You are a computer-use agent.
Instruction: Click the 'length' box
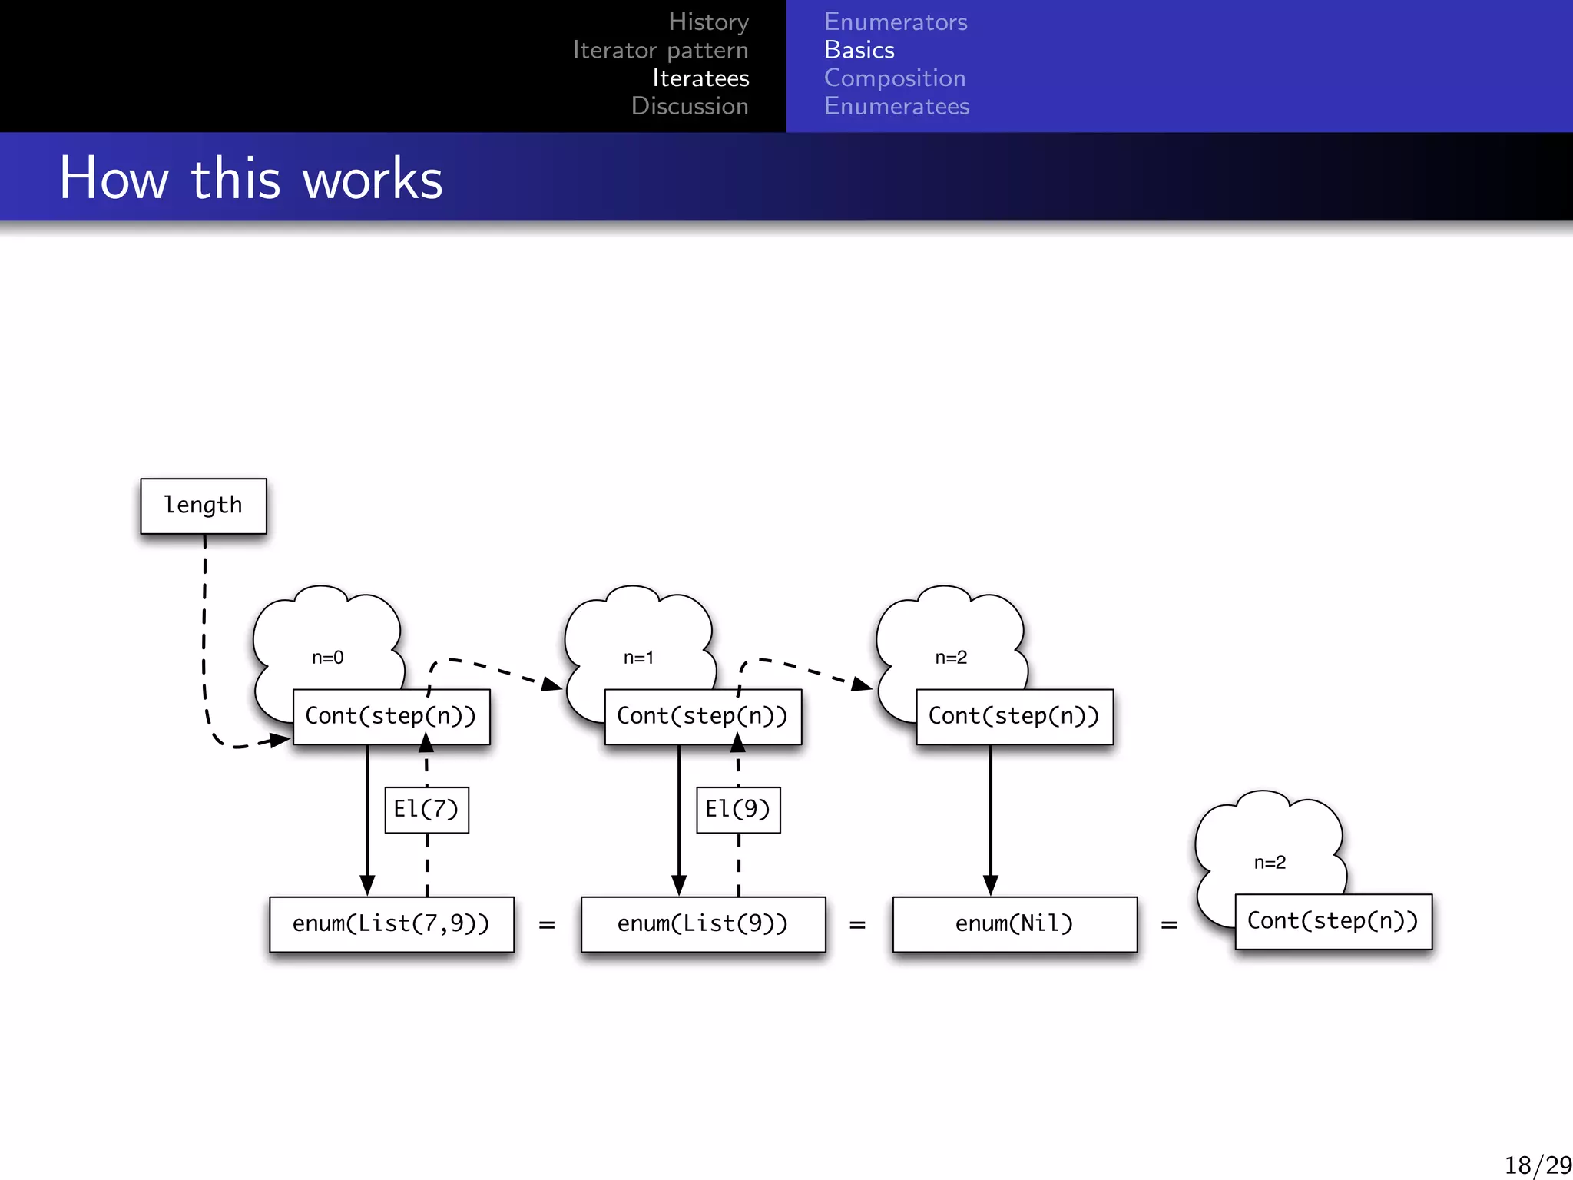[204, 505]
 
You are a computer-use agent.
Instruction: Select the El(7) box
[426, 810]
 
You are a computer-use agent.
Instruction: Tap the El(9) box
[738, 810]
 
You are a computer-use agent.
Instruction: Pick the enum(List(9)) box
[703, 924]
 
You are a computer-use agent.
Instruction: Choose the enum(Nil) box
[1015, 924]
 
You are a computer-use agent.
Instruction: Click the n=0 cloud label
[328, 658]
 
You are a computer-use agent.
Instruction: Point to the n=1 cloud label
[639, 658]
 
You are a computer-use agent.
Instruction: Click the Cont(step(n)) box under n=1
[703, 717]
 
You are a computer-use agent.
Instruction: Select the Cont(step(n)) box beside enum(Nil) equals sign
[1333, 921]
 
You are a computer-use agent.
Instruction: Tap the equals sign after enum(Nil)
[1169, 925]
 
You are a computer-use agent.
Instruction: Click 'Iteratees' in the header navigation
[700, 78]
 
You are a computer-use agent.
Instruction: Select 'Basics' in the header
[859, 50]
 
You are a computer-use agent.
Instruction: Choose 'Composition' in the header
[895, 78]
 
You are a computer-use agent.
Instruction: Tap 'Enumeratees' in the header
[896, 106]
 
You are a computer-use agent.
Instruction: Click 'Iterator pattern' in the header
[661, 50]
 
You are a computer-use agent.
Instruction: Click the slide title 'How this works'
[251, 178]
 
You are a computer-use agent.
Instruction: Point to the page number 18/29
[1537, 1165]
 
